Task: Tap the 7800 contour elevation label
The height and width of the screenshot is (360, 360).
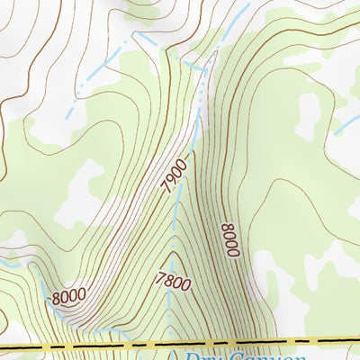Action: (x=173, y=282)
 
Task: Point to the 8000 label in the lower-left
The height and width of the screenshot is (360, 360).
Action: (x=68, y=295)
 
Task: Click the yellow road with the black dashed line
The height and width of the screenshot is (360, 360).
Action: (x=90, y=344)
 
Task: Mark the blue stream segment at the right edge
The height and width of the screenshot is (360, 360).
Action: (x=347, y=122)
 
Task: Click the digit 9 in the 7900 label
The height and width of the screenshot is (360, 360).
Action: (x=171, y=181)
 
